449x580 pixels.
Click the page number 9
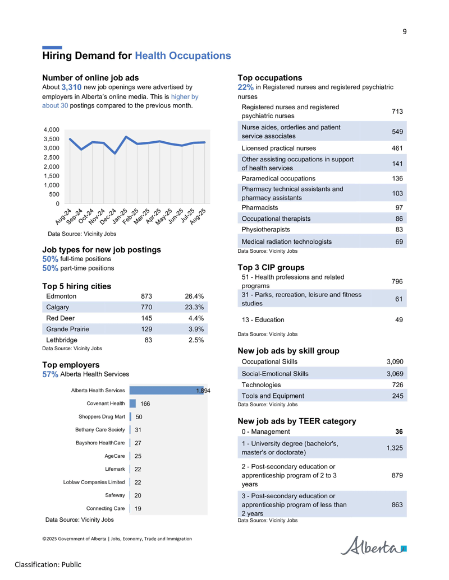click(x=405, y=32)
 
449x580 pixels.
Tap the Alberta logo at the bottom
click(x=373, y=546)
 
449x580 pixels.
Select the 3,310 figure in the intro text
click(x=71, y=87)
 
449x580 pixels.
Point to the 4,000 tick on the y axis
click(x=52, y=130)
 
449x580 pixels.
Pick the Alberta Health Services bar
click(x=167, y=390)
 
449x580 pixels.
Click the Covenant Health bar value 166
click(x=145, y=403)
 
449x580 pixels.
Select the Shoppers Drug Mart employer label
click(x=102, y=416)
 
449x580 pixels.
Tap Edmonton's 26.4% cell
click(x=194, y=296)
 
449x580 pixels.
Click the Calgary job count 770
click(x=146, y=307)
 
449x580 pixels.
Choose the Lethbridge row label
click(x=62, y=340)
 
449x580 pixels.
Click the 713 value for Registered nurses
click(x=397, y=112)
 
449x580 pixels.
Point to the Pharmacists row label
click(x=260, y=207)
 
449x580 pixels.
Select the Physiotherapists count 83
click(x=399, y=229)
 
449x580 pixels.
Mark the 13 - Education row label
click(x=263, y=319)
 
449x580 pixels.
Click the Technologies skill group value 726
click(x=397, y=384)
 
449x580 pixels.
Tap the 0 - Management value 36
click(x=399, y=431)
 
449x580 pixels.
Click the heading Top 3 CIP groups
click(x=271, y=267)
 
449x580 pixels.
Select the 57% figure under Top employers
click(x=50, y=374)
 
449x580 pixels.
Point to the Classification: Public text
click(x=48, y=564)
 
